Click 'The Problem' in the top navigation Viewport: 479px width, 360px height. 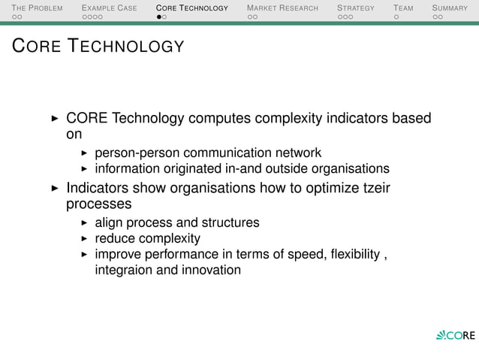click(x=37, y=8)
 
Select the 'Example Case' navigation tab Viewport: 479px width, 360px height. click(x=109, y=8)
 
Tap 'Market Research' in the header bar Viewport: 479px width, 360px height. click(x=282, y=8)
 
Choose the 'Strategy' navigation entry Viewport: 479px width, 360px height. click(x=355, y=8)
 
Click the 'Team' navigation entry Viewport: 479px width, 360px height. click(x=403, y=8)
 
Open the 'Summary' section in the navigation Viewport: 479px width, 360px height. click(x=449, y=8)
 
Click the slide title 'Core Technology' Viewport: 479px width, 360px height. click(x=97, y=47)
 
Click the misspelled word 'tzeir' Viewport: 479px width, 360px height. click(x=376, y=188)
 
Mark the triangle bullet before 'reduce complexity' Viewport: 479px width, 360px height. click(x=85, y=239)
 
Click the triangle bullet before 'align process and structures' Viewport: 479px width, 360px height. click(x=85, y=222)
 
